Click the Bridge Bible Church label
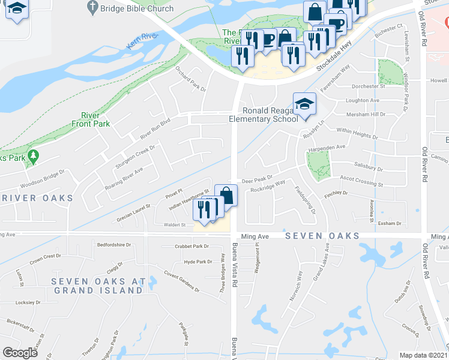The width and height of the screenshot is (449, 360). coord(137,9)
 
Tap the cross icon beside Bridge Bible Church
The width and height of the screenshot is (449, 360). coord(92,8)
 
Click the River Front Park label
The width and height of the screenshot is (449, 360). coord(95,119)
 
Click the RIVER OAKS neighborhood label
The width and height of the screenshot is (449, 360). coord(37,198)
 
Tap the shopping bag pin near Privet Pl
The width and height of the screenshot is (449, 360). coord(226,194)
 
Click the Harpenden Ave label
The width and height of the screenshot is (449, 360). coord(327,147)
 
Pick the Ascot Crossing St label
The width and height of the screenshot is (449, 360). coord(361,181)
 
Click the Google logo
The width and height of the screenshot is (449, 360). coord(20,352)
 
